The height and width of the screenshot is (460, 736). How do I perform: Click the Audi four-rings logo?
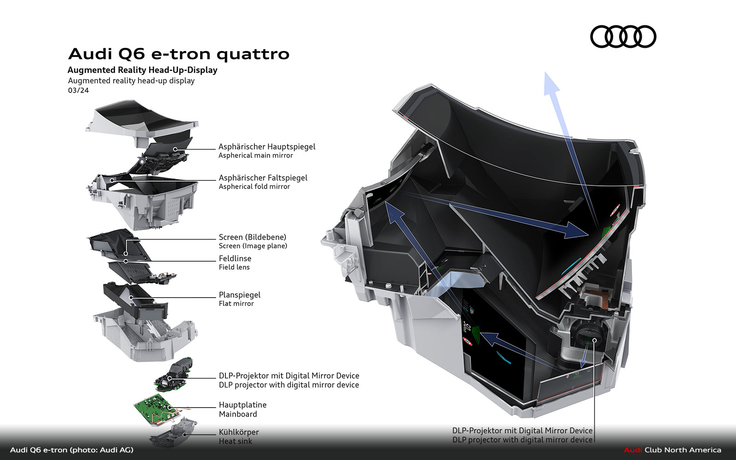(x=623, y=37)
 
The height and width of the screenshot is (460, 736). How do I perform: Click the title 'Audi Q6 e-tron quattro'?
(x=178, y=54)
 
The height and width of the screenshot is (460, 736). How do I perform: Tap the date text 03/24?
(x=78, y=91)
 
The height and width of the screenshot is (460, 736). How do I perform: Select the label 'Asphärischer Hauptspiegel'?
(x=267, y=147)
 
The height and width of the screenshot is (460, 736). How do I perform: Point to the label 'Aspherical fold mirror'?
(x=254, y=187)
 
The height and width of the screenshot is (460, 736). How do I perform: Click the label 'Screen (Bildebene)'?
(x=252, y=237)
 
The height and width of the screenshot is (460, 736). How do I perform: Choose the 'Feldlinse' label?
(x=235, y=259)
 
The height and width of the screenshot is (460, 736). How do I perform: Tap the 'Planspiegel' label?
(x=239, y=295)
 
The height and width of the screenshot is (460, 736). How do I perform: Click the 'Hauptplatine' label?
(x=242, y=405)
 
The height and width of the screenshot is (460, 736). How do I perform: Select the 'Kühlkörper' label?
(x=238, y=432)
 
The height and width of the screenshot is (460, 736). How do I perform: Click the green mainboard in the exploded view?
(x=154, y=407)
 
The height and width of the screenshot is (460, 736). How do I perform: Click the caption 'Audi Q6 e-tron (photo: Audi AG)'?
(x=72, y=450)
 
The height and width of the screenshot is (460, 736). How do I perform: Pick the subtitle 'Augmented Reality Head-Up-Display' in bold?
(x=142, y=70)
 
